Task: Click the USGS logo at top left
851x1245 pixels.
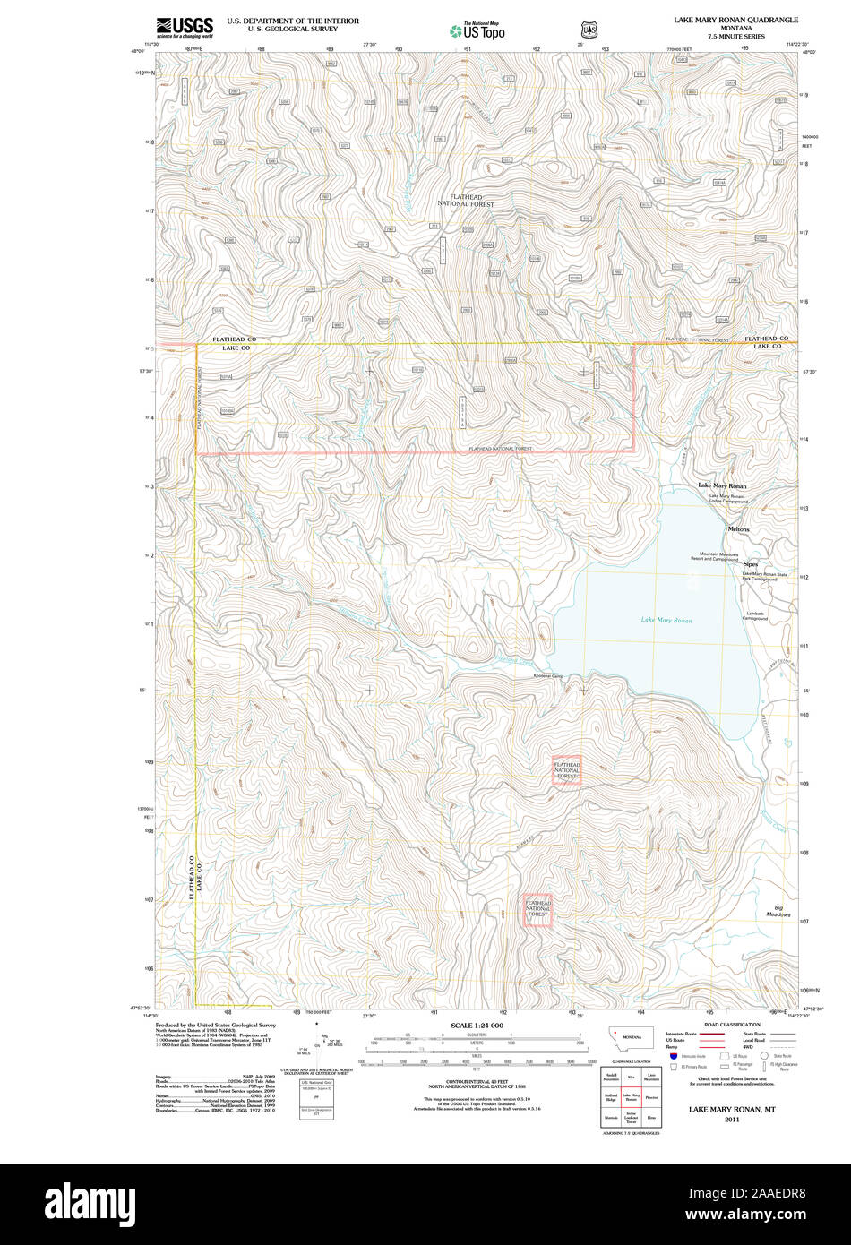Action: [x=185, y=28]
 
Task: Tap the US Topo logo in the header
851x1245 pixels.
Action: [x=477, y=30]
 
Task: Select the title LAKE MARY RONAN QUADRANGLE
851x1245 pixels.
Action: [x=735, y=19]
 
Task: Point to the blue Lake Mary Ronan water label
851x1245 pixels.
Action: [x=666, y=620]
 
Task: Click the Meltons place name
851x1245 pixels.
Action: [x=738, y=529]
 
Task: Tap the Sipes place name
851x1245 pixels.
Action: [x=750, y=564]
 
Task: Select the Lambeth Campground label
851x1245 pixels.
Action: [x=755, y=616]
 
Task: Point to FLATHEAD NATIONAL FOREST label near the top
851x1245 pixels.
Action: [x=465, y=201]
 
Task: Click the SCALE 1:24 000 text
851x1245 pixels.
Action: [x=477, y=1026]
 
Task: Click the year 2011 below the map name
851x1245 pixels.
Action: [x=732, y=1119]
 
